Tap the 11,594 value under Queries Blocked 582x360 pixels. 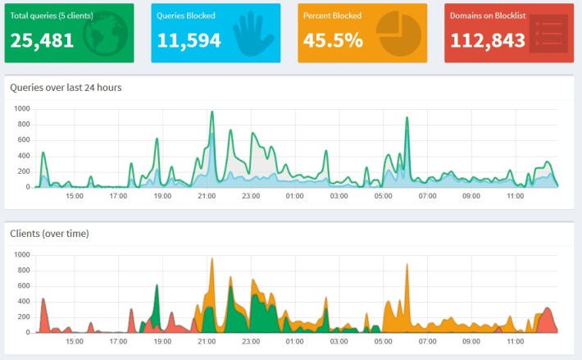190,40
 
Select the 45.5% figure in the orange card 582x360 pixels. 331,40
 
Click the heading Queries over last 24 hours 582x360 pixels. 66,88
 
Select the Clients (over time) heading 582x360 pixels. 49,234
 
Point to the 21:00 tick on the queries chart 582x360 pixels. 207,197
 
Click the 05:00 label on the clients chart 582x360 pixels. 383,343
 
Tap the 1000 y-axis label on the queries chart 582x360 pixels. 21,108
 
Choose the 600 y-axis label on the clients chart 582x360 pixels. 24,286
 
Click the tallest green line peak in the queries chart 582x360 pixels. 211,112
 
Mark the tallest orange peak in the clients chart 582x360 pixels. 211,259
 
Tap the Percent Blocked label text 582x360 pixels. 332,16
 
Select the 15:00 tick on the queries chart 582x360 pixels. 75,197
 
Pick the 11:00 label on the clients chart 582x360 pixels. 515,343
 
